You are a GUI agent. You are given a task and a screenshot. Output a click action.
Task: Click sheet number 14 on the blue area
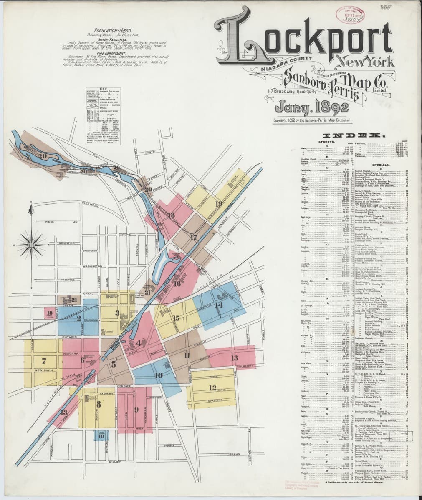tap(218, 304)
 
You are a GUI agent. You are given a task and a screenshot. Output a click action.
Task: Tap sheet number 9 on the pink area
tap(136, 409)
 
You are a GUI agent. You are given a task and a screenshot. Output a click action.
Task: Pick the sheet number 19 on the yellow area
tap(218, 204)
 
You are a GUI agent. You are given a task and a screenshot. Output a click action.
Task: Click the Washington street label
tap(93, 266)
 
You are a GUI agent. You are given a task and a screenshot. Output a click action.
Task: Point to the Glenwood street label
tap(89, 203)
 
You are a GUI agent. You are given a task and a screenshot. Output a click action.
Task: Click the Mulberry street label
tap(247, 366)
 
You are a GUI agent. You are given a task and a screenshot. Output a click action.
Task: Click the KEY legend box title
tap(104, 88)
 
